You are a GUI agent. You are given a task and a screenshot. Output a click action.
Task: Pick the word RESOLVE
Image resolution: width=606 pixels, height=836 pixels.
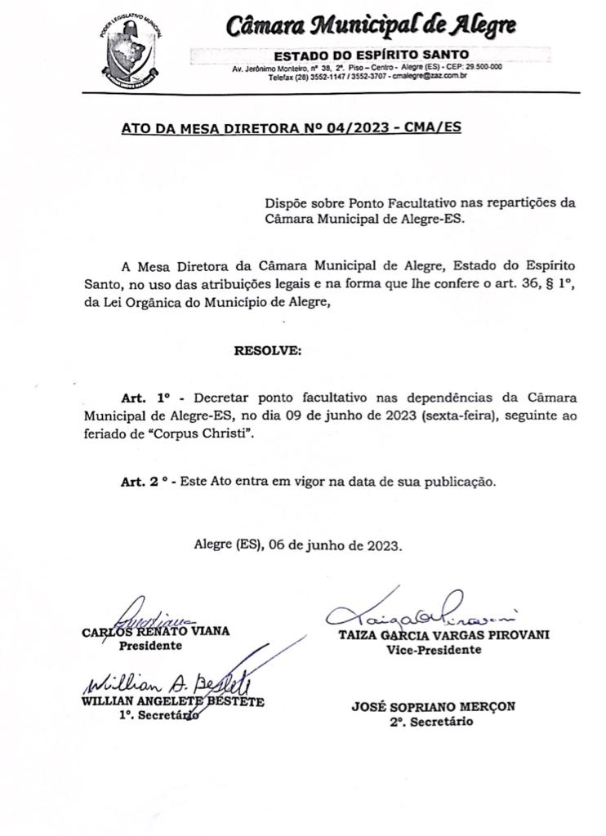[x=268, y=351]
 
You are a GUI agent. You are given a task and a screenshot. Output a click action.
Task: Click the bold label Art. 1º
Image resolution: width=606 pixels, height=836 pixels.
[x=143, y=398]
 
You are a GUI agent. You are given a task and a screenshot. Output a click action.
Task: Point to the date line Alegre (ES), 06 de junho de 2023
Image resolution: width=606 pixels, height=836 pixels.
[x=298, y=545]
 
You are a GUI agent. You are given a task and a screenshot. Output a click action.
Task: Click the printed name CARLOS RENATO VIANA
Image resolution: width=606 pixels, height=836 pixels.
[x=156, y=631]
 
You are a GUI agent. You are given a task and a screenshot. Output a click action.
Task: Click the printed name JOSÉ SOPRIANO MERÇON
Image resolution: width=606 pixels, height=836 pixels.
[x=434, y=707]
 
